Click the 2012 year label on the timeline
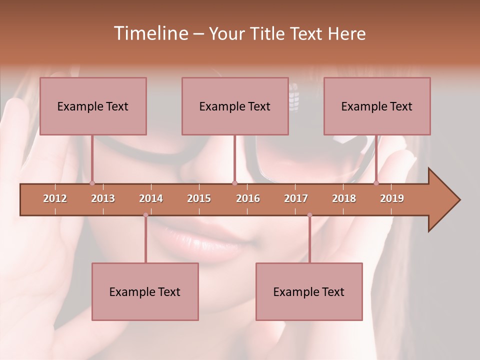[x=55, y=198]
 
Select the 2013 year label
[x=103, y=198]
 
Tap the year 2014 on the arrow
[x=151, y=198]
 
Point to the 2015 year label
[x=199, y=198]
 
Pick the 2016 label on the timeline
[x=248, y=198]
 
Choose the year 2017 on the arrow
[x=296, y=198]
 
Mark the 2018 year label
[x=344, y=198]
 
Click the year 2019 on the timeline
[x=392, y=198]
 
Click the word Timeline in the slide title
[x=150, y=33]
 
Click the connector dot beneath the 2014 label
[x=145, y=215]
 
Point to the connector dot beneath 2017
[x=309, y=215]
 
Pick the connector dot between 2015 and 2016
[x=234, y=183]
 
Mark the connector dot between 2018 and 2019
[x=376, y=183]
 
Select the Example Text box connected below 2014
[x=145, y=291]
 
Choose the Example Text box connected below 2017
[x=309, y=291]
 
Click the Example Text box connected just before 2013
[x=93, y=106]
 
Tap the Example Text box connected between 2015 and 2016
[x=235, y=106]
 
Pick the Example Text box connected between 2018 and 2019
[x=377, y=106]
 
